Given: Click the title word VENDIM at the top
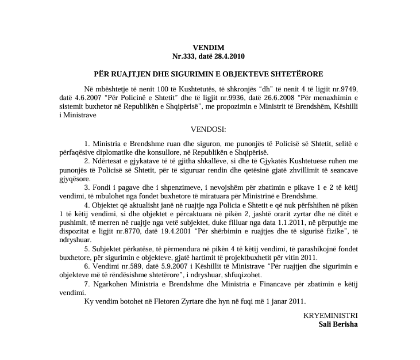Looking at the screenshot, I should (209, 48).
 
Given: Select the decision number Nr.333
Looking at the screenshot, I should (185, 56).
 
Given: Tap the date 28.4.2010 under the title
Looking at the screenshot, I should (229, 56).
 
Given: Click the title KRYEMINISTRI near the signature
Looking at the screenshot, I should (330, 316).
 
